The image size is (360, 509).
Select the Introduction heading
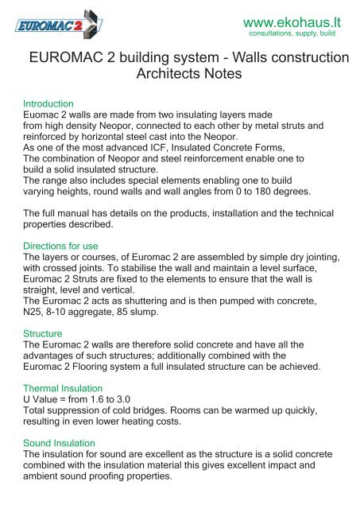tap(48, 104)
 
